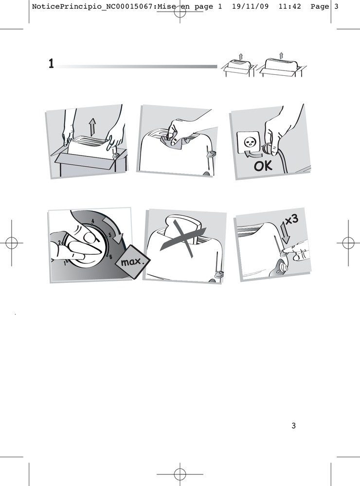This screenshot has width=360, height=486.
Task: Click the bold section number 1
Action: (51, 64)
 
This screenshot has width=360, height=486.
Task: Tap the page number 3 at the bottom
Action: (293, 426)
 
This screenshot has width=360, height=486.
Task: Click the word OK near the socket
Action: (263, 166)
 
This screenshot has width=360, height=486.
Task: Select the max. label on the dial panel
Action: (133, 262)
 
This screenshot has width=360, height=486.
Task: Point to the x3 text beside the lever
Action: (292, 220)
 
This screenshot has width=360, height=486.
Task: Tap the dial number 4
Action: (92, 221)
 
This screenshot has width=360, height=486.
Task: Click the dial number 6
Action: (110, 257)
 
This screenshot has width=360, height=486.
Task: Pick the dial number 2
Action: (59, 243)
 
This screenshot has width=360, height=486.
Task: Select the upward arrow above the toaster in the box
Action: (92, 127)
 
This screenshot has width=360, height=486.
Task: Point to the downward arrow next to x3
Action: (286, 232)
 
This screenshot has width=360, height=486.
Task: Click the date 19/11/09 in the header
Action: (250, 6)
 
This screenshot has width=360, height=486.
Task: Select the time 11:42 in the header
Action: (289, 6)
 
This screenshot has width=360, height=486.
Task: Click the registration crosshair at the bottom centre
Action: (180, 474)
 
